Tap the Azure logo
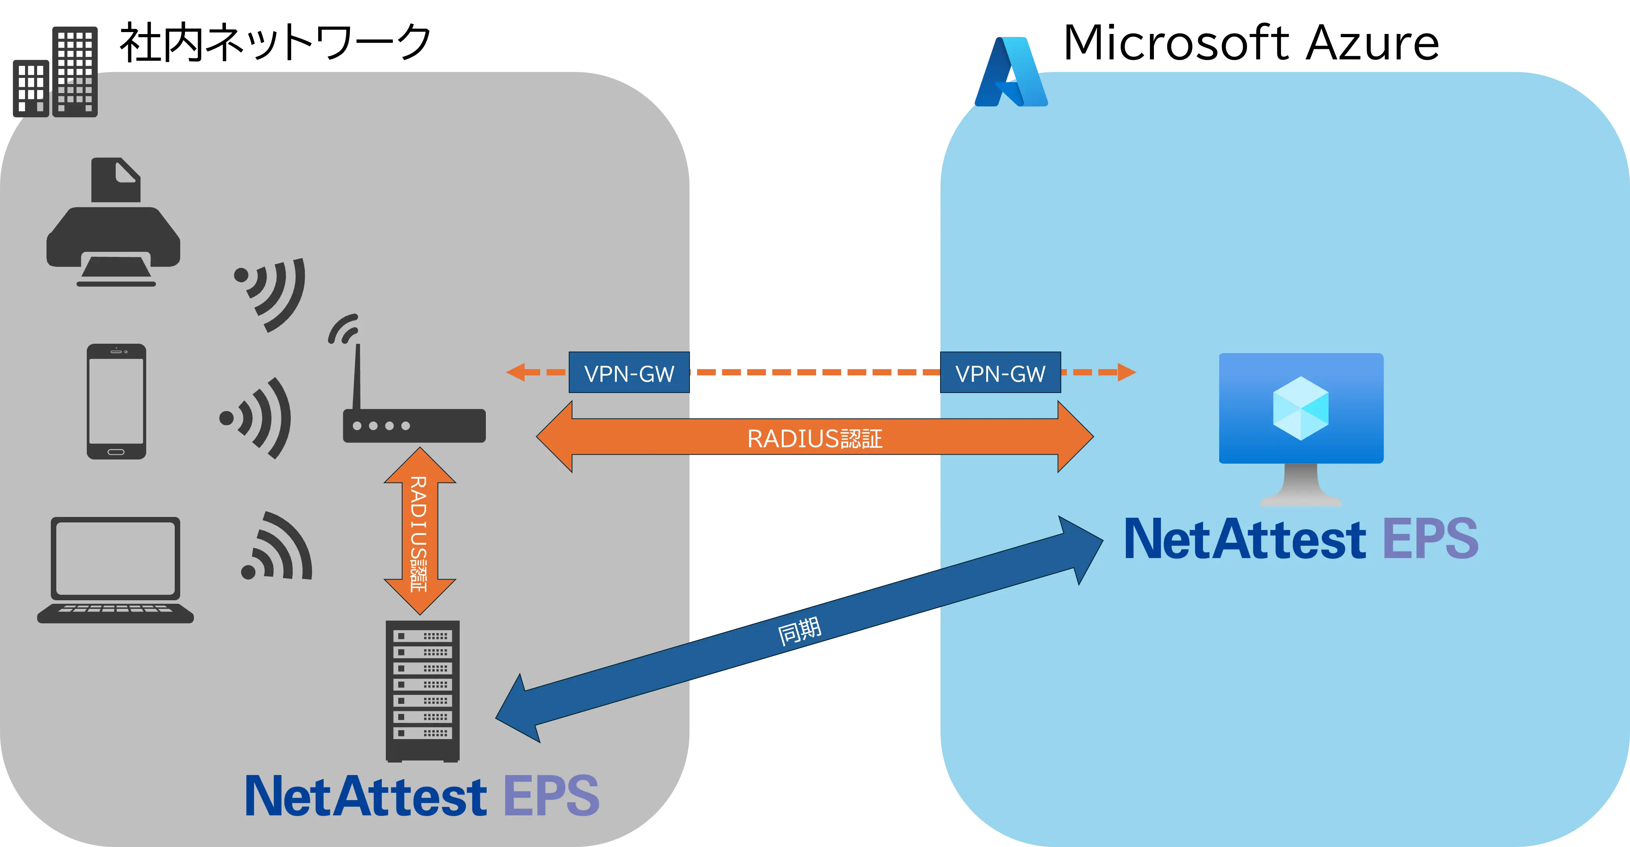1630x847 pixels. coord(1010,72)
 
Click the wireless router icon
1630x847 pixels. coord(411,411)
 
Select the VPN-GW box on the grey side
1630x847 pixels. coord(629,373)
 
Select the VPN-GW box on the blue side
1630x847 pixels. coord(1000,373)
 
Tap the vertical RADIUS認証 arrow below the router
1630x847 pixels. coord(419,532)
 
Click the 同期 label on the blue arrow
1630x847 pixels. coord(799,631)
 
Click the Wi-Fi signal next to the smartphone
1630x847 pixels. coord(256,418)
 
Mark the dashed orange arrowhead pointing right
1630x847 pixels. coord(1126,372)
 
